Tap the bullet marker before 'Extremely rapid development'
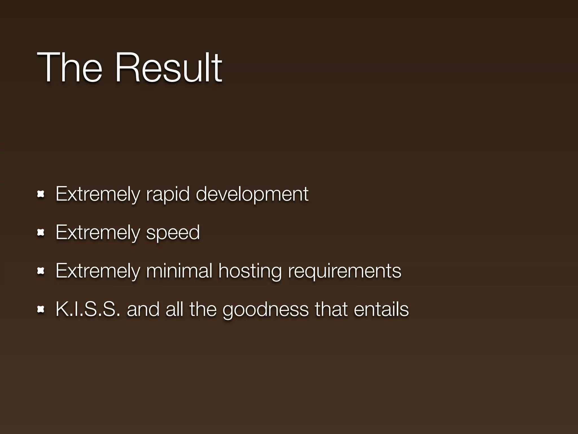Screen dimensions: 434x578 tap(41, 194)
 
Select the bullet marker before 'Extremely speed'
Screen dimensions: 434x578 tap(41, 233)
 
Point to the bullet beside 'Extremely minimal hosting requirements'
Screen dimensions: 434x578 tap(41, 271)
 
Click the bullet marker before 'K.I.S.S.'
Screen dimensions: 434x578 tap(41, 310)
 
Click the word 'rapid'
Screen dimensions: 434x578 tap(168, 194)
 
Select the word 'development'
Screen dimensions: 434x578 tap(252, 194)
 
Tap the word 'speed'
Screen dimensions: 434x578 tap(173, 233)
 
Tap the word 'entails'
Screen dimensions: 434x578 tap(381, 309)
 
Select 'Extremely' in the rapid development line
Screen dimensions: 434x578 tap(98, 194)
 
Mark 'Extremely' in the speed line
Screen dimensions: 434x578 tap(98, 233)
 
